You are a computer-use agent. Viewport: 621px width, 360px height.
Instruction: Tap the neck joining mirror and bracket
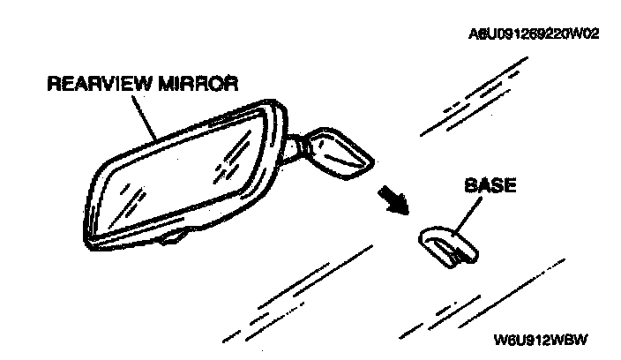296,146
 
